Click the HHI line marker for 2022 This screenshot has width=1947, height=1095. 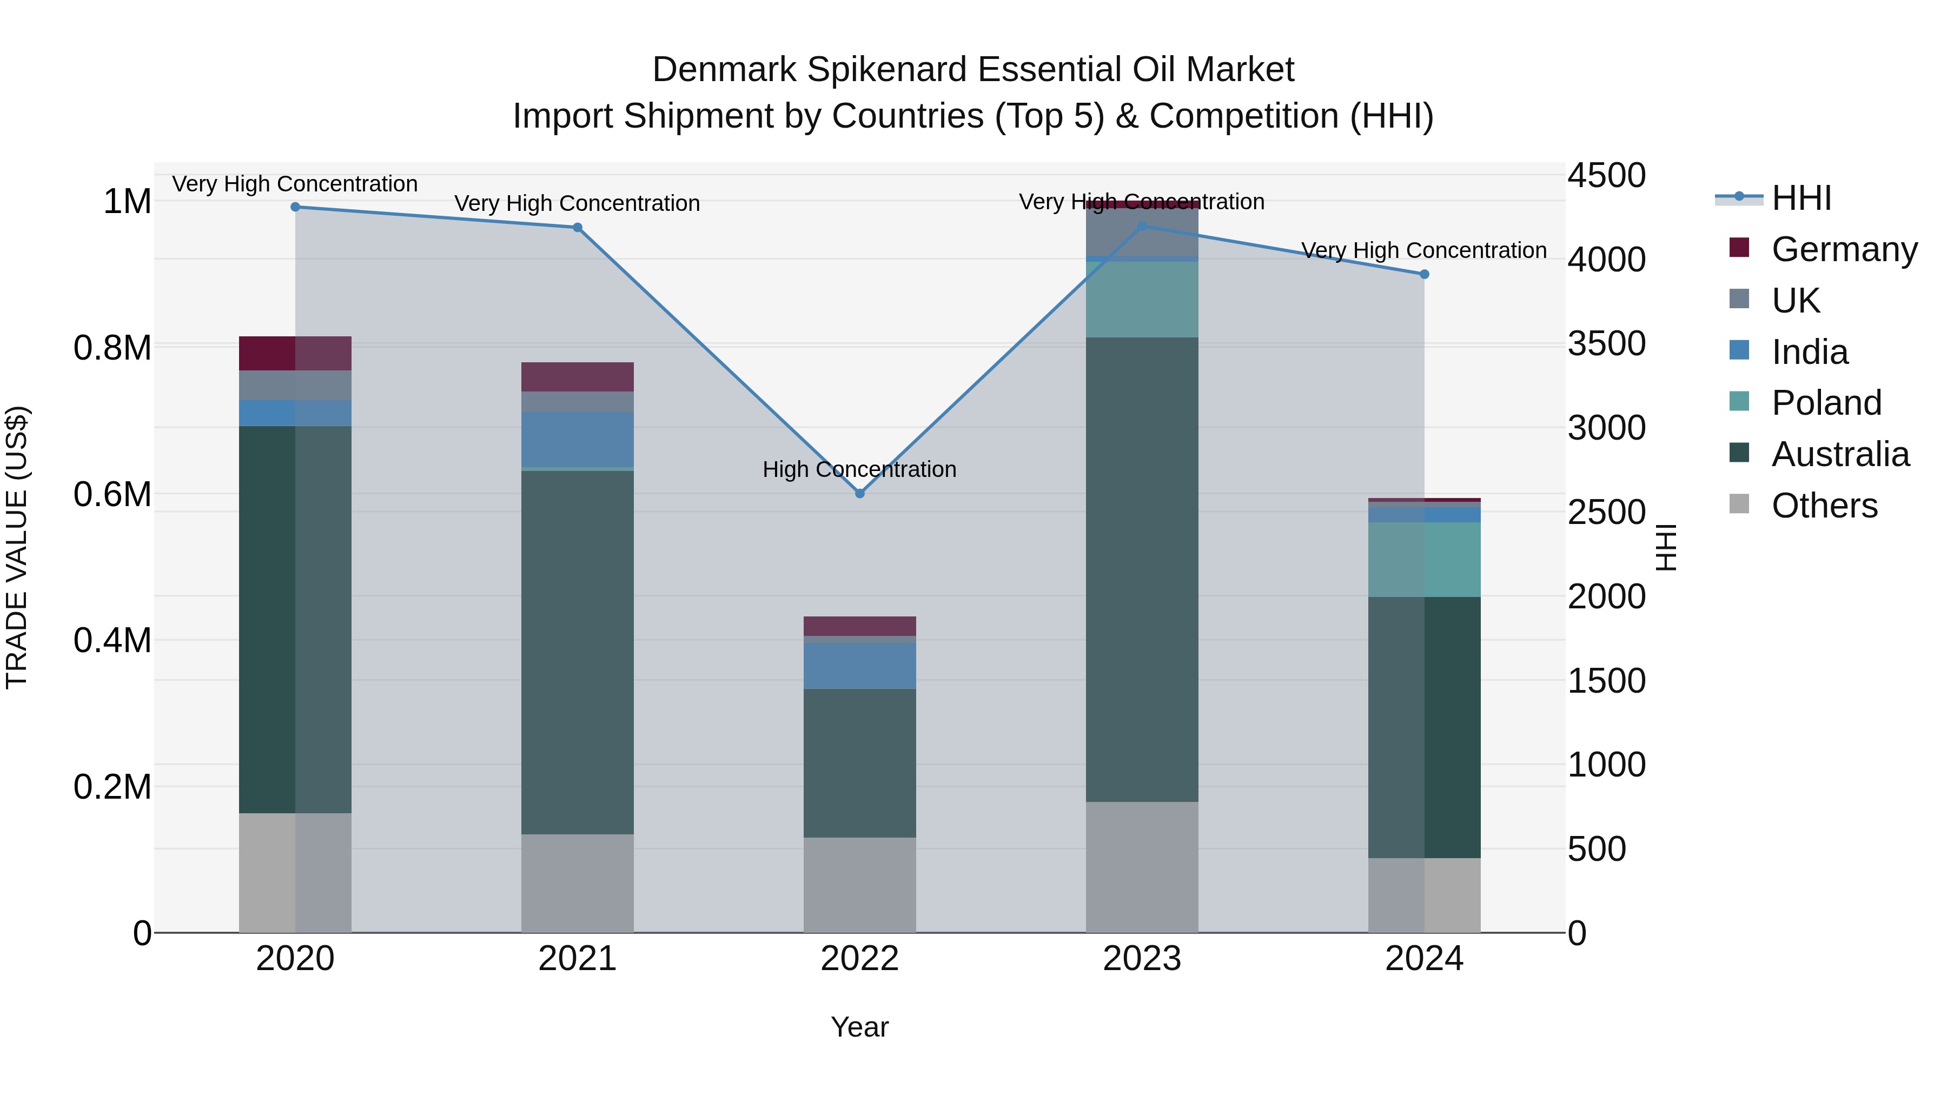tap(859, 494)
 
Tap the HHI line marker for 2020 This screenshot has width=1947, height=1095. tap(295, 207)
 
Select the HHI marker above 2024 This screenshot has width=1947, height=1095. tap(1424, 274)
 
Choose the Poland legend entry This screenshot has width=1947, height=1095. tap(1826, 403)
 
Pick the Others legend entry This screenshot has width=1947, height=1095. tap(1824, 506)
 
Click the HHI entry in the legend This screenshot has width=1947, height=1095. tap(1801, 198)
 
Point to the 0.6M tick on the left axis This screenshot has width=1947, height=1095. tap(112, 494)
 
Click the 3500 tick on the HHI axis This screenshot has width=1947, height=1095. tap(1606, 344)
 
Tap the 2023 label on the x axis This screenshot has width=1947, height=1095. tap(1141, 959)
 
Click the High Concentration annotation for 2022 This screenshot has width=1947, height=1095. tap(859, 469)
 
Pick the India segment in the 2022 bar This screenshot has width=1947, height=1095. tap(859, 666)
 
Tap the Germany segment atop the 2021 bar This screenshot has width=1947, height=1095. tap(578, 376)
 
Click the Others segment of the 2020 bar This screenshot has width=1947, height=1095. tap(295, 872)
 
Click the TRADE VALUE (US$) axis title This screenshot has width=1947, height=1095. tap(17, 547)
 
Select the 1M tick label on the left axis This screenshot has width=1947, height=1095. tap(127, 202)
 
